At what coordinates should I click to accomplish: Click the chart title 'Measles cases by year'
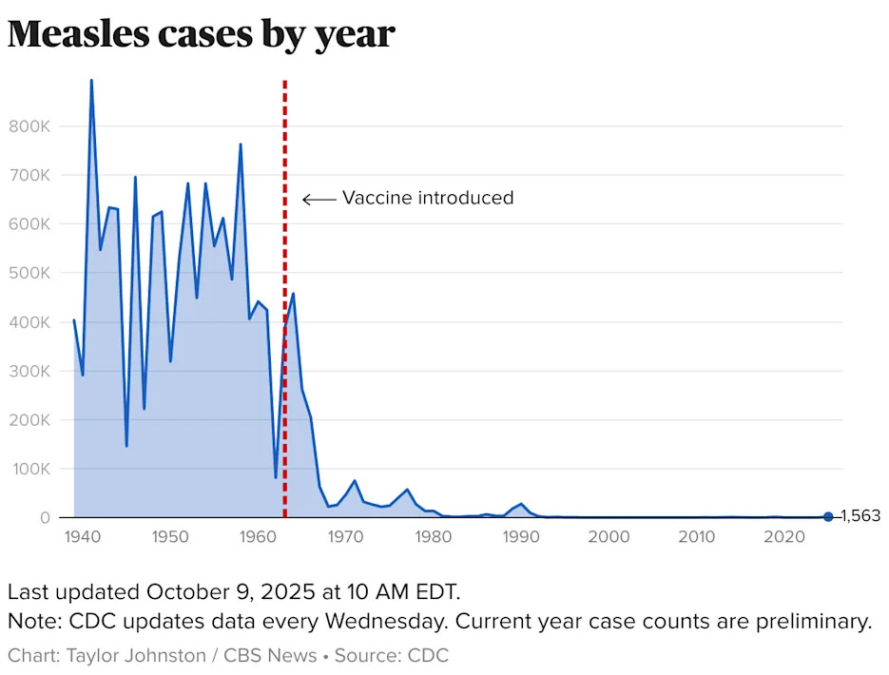[x=201, y=34]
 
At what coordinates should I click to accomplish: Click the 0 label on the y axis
[x=44, y=518]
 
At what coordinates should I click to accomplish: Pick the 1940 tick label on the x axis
[x=82, y=537]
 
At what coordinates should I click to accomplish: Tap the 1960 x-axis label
[x=258, y=537]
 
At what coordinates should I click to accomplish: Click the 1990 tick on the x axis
[x=521, y=537]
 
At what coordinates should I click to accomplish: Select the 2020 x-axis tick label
[x=784, y=537]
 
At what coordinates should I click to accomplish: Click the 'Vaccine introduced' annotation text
[x=427, y=198]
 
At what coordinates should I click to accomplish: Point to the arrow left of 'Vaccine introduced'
[x=319, y=199]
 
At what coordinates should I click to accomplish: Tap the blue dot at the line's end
[x=828, y=516]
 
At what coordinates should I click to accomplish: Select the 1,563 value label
[x=860, y=516]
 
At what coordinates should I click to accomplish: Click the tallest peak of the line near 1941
[x=91, y=82]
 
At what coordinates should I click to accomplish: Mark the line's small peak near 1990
[x=521, y=504]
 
